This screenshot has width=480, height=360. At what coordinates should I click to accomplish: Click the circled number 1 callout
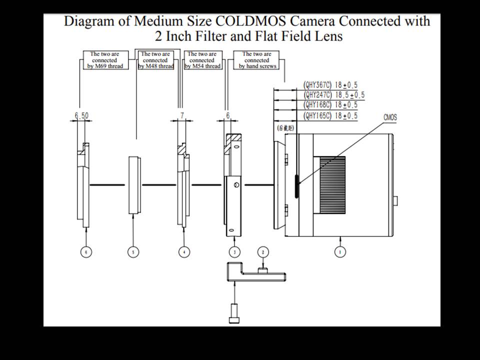tap(340, 252)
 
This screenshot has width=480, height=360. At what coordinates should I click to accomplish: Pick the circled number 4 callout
tap(184, 252)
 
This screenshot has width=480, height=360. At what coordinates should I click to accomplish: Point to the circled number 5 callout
tap(132, 252)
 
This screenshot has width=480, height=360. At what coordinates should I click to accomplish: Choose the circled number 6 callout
tap(86, 252)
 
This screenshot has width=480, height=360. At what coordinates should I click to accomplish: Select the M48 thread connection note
tap(155, 60)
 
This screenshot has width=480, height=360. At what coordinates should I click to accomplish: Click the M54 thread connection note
tap(202, 60)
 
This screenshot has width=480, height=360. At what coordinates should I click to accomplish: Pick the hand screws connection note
tap(257, 60)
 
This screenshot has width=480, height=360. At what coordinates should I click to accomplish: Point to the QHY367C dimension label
tap(330, 85)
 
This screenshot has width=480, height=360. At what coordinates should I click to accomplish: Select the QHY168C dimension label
tap(330, 105)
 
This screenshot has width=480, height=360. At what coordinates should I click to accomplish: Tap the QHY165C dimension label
tap(330, 115)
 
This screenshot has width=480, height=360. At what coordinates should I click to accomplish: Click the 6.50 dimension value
tap(81, 115)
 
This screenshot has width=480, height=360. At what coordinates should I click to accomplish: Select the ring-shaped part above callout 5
tap(132, 185)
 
